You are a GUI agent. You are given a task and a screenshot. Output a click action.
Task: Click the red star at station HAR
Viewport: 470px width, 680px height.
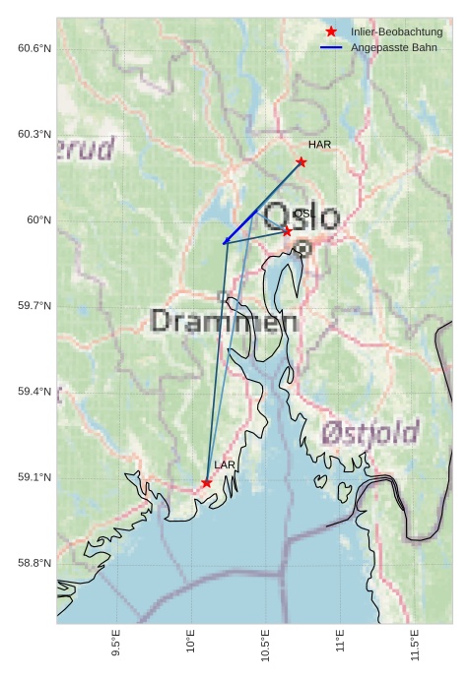(301, 161)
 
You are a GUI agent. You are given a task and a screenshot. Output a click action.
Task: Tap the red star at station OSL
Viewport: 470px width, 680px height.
(287, 231)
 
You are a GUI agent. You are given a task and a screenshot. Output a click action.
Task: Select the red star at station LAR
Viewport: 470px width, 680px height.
(206, 483)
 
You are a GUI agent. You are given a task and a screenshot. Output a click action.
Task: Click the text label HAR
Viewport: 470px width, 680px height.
(319, 145)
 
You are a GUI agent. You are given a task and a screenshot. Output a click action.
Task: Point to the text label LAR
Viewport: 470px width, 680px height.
(225, 464)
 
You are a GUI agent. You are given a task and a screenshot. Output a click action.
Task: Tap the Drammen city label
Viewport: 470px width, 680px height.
(225, 321)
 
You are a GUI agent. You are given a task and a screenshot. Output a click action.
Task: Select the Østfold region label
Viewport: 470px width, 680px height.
(369, 432)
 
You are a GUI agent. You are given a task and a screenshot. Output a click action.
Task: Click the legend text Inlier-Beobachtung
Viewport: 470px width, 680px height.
(396, 32)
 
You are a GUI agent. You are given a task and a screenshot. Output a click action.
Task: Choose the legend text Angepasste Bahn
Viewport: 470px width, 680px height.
(393, 47)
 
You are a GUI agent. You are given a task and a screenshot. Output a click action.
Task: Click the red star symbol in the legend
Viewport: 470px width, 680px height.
(331, 32)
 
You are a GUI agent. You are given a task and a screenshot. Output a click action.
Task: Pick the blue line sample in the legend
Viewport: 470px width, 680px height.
(331, 47)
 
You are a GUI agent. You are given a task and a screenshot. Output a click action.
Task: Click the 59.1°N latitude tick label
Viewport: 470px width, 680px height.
(34, 477)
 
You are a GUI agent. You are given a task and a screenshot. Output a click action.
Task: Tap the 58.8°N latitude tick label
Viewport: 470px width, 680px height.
(34, 563)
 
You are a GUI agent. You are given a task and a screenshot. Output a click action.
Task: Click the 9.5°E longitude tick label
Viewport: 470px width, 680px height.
(116, 644)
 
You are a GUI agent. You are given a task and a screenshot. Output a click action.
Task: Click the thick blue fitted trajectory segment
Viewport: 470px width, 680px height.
(240, 226)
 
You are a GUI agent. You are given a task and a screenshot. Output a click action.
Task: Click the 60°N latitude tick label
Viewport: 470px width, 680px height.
(38, 219)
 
